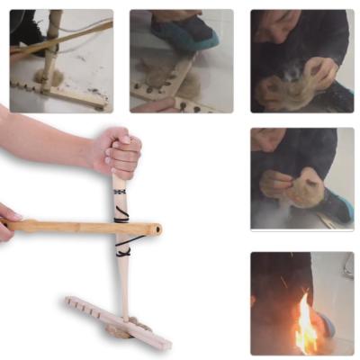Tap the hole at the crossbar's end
coord(157,229)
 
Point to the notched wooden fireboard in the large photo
coord(117,319)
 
